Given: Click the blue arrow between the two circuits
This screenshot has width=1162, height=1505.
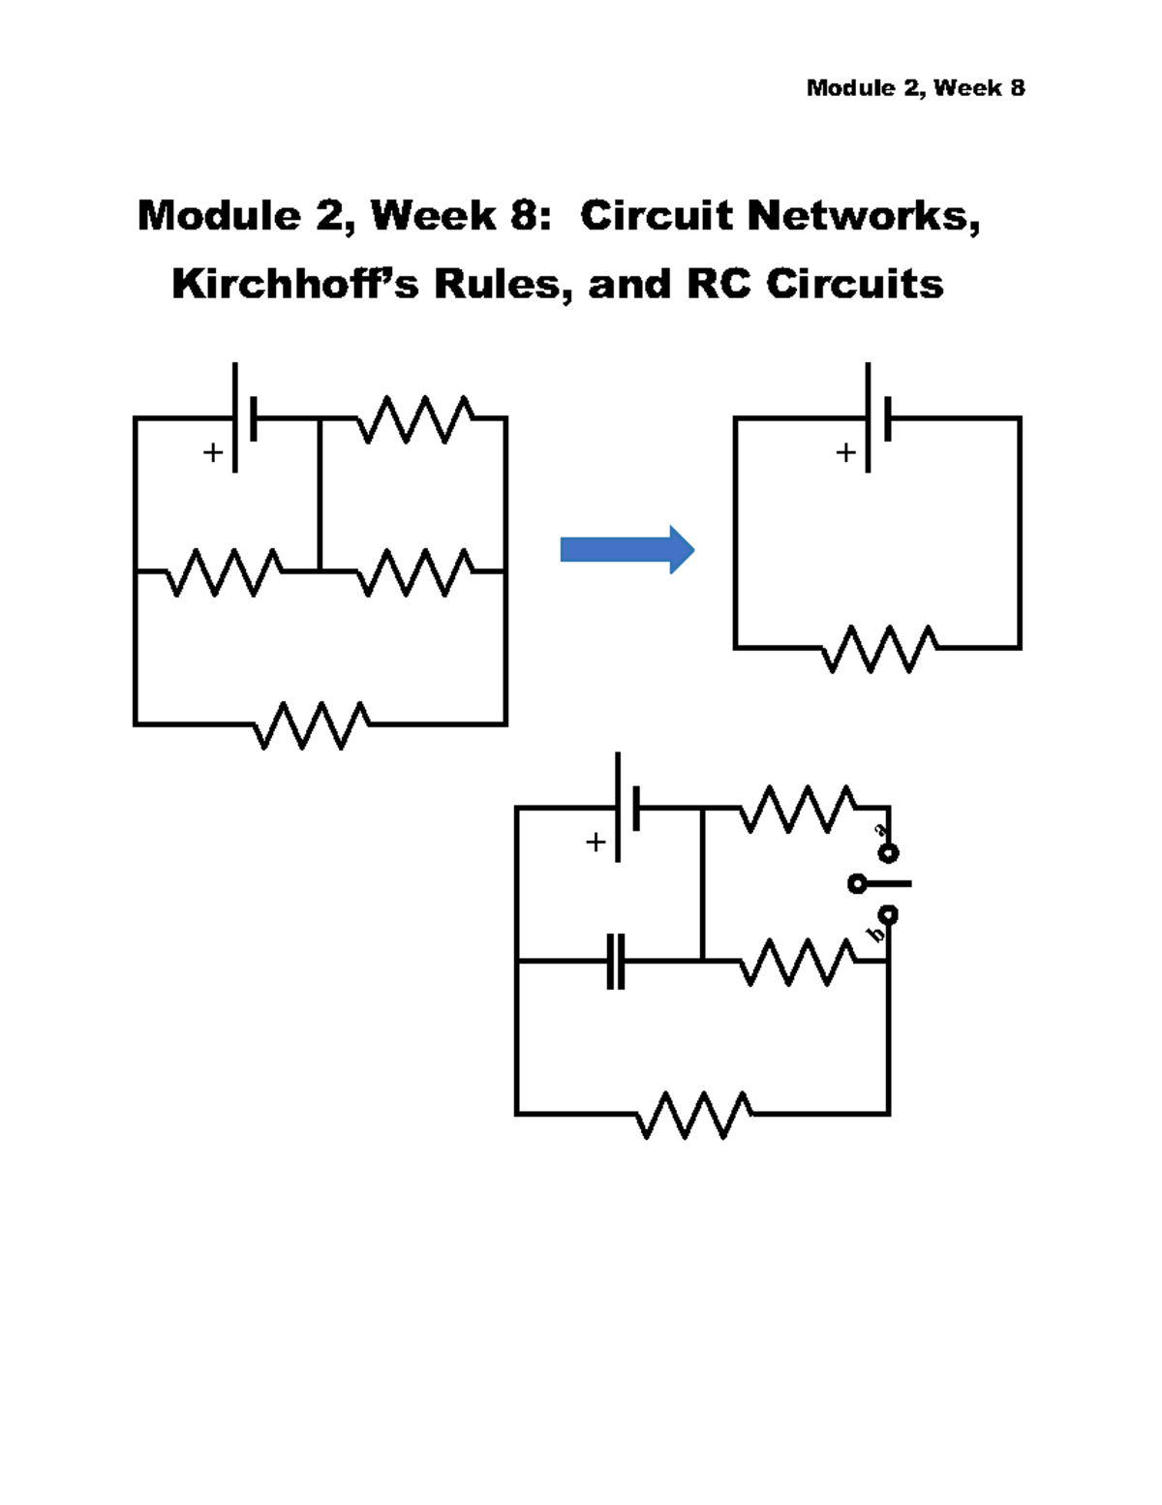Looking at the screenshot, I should pyautogui.click(x=626, y=550).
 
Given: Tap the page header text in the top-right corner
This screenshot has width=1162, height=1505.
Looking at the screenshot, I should pyautogui.click(x=915, y=88).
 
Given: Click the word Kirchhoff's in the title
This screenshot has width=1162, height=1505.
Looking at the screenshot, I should pyautogui.click(x=295, y=284).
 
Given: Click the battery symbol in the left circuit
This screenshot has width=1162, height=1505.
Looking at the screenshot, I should pyautogui.click(x=244, y=417).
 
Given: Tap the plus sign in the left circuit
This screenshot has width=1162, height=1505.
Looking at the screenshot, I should pyautogui.click(x=212, y=452).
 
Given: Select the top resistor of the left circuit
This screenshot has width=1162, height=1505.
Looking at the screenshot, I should pyautogui.click(x=414, y=418).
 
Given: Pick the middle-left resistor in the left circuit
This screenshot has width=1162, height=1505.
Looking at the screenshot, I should pyautogui.click(x=225, y=572).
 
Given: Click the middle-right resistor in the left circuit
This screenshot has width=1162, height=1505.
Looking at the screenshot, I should pyautogui.click(x=414, y=572).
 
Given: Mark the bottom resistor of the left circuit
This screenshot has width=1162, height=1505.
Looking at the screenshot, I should pyautogui.click(x=311, y=724).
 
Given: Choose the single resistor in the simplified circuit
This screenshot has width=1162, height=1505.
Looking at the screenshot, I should pyautogui.click(x=879, y=648).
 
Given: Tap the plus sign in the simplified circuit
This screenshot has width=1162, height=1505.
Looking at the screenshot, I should pyautogui.click(x=846, y=452).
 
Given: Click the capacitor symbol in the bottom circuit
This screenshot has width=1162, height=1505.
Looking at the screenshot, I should pyautogui.click(x=616, y=961).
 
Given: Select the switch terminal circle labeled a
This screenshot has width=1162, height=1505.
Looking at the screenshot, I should pyautogui.click(x=888, y=852).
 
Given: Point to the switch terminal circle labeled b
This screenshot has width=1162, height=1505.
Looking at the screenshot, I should pyautogui.click(x=888, y=914).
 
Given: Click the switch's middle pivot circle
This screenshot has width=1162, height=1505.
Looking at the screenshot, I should pyautogui.click(x=856, y=883).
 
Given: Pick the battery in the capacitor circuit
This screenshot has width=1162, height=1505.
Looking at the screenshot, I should pyautogui.click(x=627, y=807).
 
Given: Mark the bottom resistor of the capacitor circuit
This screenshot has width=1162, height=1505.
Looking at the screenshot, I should pyautogui.click(x=692, y=1115).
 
